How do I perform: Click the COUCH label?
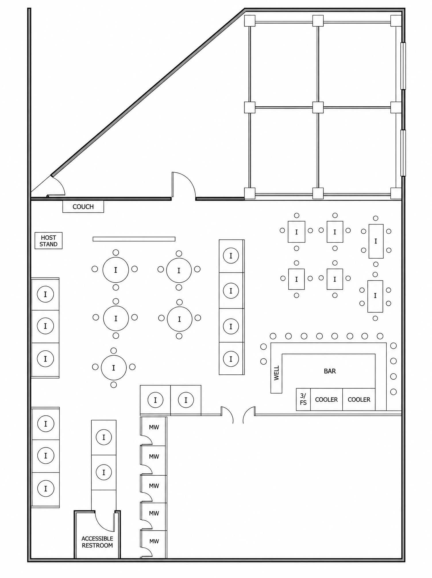pos(83,207)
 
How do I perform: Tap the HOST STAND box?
pos(49,241)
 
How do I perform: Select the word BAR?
pos(330,371)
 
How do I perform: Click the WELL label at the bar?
pos(276,373)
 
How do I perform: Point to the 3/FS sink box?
pos(303,399)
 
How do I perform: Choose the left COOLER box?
pos(327,399)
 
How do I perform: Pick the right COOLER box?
pos(359,399)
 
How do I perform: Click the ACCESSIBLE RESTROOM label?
pos(97,542)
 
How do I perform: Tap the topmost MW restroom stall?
pos(154,431)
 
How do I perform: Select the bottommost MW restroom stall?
pos(154,544)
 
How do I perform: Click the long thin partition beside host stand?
pos(134,239)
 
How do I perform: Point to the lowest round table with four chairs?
pos(114,368)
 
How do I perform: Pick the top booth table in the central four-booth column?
pos(231,255)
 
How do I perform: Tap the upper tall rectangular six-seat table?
pos(376,241)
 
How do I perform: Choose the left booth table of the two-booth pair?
pos(155,400)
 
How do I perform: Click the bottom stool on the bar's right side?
pos(394,392)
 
